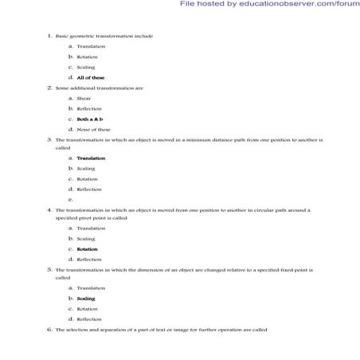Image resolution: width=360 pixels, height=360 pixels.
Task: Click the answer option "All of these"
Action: pyautogui.click(x=91, y=77)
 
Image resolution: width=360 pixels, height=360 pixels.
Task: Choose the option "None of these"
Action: pyautogui.click(x=93, y=129)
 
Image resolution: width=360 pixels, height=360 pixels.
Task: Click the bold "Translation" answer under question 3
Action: pyautogui.click(x=91, y=158)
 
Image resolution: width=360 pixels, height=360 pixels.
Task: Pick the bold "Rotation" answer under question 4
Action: pyautogui.click(x=88, y=249)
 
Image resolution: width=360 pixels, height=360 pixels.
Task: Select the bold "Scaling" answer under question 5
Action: pyautogui.click(x=86, y=298)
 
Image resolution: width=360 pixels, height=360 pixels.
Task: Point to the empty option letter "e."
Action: pyautogui.click(x=71, y=199)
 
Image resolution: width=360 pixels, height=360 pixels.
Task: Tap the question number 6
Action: pyautogui.click(x=49, y=329)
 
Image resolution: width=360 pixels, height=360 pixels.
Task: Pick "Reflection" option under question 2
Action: pyautogui.click(x=88, y=108)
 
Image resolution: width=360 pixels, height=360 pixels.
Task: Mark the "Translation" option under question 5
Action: pyautogui.click(x=91, y=288)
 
